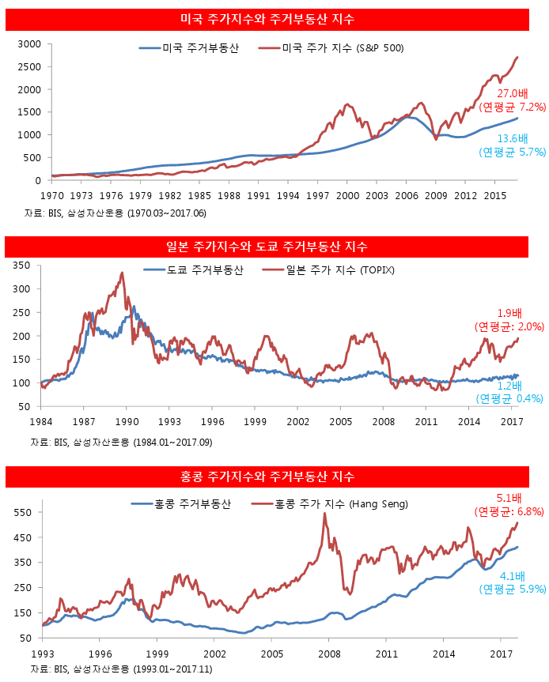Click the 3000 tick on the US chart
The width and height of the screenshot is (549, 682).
(x=29, y=43)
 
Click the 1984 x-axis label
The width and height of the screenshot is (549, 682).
(x=41, y=421)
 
